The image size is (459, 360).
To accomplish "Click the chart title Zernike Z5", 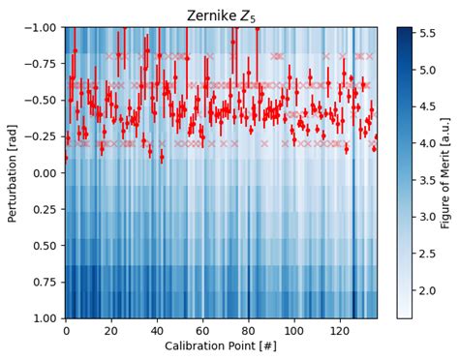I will (x=221, y=15).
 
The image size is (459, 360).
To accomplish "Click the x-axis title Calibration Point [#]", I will (x=221, y=346).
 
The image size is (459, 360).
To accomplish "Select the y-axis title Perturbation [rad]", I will (x=13, y=172).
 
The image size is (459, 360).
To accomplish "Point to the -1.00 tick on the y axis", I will (x=41, y=27).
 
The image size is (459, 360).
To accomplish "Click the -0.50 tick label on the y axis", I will (x=41, y=100).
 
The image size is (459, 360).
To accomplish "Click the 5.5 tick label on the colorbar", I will (x=427, y=33).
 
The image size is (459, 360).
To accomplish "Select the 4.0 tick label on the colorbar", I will (x=427, y=142).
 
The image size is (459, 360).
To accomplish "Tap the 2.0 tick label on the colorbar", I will (x=427, y=289).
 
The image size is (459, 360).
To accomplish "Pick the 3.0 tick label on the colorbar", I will (x=427, y=216).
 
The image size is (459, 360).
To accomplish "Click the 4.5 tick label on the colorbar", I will (x=427, y=106).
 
